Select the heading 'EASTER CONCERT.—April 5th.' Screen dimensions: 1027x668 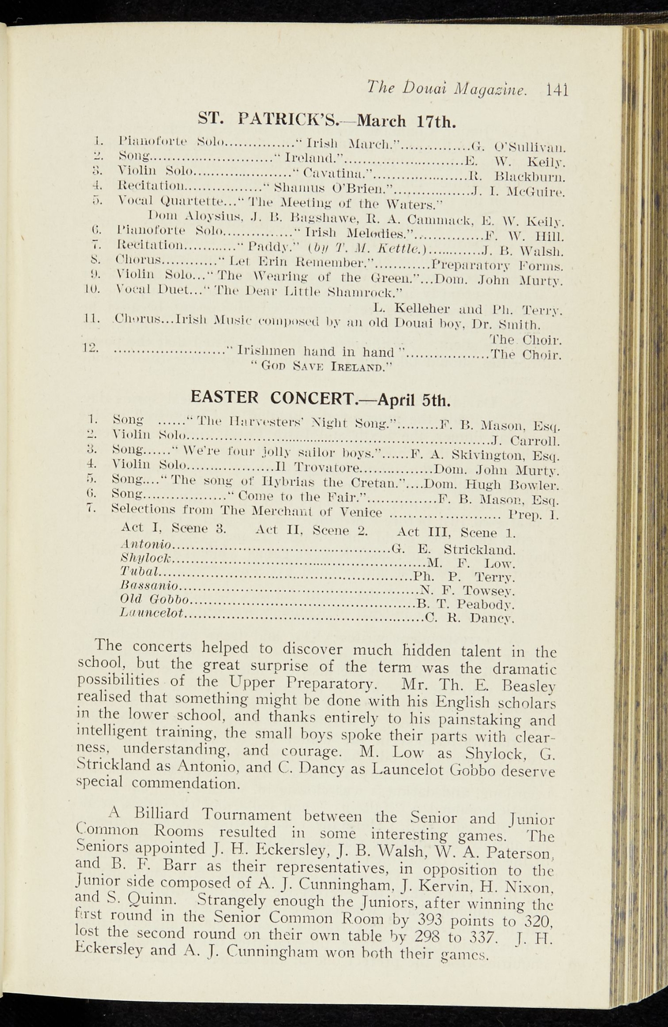[321, 399]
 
